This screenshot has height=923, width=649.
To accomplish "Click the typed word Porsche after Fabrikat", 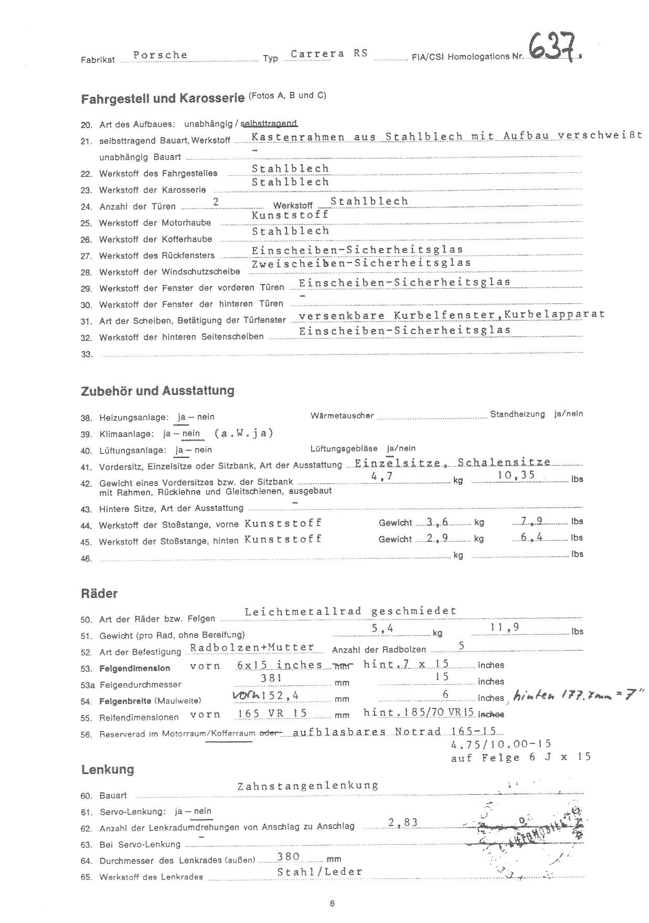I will click(160, 55).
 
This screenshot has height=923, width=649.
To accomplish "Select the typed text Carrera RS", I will click(329, 54).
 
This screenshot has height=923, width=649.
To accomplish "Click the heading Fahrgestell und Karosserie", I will click(163, 98).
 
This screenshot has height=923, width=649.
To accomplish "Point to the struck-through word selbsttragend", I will click(269, 123).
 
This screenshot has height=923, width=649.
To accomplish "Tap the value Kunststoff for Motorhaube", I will click(290, 215).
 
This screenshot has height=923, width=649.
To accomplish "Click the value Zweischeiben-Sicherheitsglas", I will click(361, 263).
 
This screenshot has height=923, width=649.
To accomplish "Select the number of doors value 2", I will click(216, 201).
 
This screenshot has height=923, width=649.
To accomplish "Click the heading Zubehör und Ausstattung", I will click(157, 391).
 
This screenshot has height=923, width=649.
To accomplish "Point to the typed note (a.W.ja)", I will click(244, 433).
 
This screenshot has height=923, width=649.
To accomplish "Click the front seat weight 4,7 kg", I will click(381, 476).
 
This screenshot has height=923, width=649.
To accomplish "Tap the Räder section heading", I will click(99, 594).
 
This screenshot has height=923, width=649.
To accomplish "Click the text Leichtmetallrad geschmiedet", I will click(350, 611).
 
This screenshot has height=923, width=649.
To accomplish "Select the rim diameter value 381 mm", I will click(272, 678).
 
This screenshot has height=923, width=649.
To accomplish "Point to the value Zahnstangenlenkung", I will click(308, 786).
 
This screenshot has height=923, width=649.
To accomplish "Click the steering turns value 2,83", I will click(403, 822).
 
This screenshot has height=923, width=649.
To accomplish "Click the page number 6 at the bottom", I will click(332, 904).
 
